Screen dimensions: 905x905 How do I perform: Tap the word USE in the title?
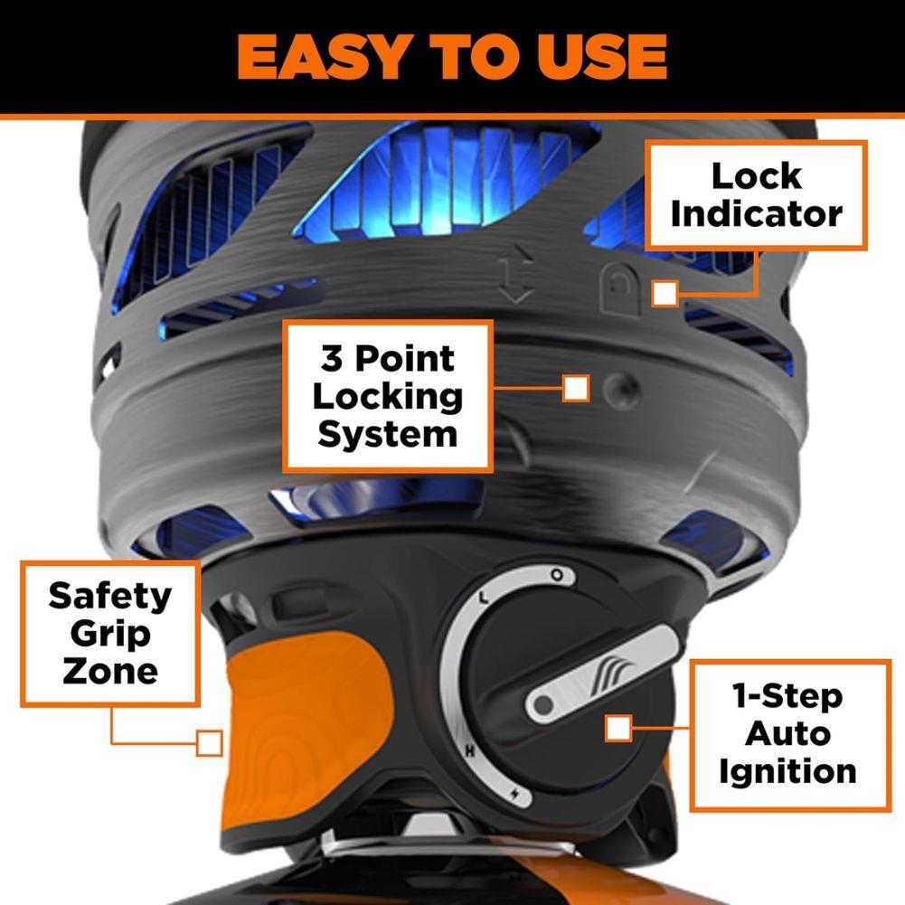[x=594, y=57]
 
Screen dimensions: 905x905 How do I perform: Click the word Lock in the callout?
[x=757, y=176]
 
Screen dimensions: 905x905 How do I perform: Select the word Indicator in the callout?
[x=757, y=214]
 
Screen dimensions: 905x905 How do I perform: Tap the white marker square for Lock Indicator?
[x=665, y=293]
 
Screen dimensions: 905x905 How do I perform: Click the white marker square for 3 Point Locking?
[x=576, y=389]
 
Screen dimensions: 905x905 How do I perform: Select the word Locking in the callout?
[x=389, y=397]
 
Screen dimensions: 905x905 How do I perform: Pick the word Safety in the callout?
[x=109, y=596]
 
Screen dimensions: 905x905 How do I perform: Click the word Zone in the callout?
[x=109, y=672]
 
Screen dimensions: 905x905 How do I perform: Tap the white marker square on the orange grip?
[x=210, y=743]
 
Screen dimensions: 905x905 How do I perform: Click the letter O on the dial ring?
[x=558, y=575]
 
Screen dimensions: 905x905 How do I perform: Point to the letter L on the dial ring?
[x=484, y=598]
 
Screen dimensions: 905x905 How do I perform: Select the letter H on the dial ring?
[x=470, y=751]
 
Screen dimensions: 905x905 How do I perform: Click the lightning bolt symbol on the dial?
[x=516, y=795]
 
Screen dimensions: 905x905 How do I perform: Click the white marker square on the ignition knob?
[x=618, y=729]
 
